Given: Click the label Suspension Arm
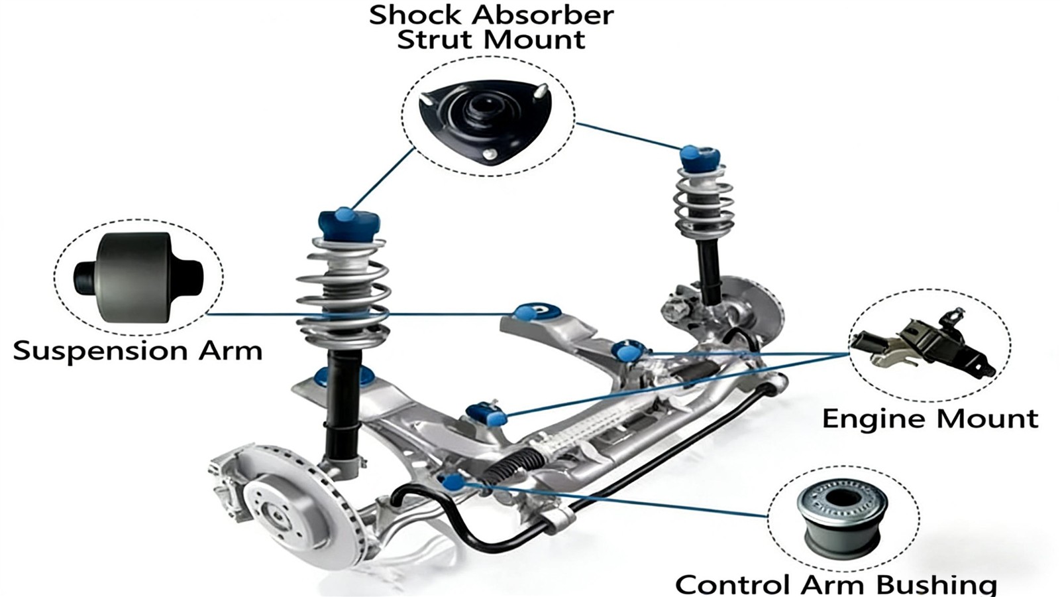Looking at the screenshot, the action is click(x=138, y=351).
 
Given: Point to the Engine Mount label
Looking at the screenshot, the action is click(x=930, y=419).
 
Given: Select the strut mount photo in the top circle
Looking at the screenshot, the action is click(x=485, y=122).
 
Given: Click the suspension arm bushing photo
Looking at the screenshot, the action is click(x=138, y=278).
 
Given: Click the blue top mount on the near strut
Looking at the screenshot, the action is click(x=349, y=225).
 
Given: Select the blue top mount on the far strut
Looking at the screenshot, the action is click(x=700, y=160).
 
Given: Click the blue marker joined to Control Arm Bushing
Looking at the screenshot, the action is click(x=453, y=482).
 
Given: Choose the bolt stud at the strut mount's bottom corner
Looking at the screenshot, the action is click(x=491, y=154).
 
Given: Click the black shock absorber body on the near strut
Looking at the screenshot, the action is click(x=343, y=405).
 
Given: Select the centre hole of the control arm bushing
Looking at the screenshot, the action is click(x=841, y=497).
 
